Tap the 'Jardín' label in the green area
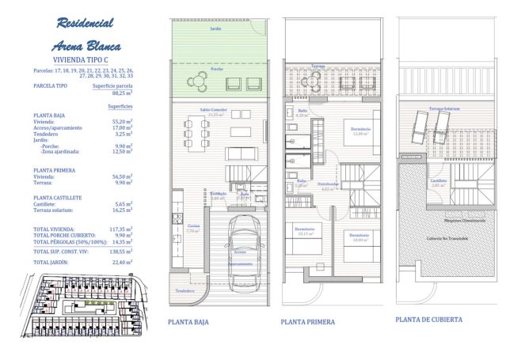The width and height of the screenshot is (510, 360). coord(215,28)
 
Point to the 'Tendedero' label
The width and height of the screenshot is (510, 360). coord(185,290)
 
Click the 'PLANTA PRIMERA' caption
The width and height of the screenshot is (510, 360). coord(307,322)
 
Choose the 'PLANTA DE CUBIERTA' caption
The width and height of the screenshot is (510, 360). coord(428,319)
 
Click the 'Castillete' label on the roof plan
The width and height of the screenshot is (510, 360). coord(440,181)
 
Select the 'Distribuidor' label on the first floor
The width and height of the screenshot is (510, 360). coord(329,185)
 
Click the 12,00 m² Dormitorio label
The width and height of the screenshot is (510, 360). coord(361,131)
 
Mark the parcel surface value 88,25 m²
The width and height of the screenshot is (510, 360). coord(120,93)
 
